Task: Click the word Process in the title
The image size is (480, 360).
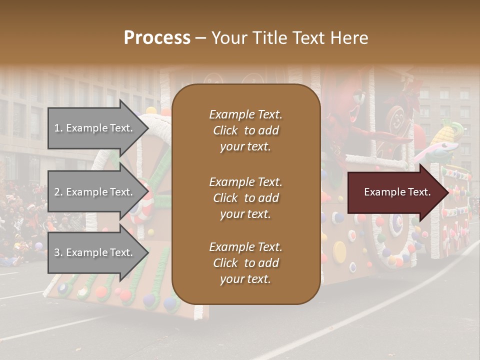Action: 157,38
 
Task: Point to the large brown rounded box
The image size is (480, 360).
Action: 246,194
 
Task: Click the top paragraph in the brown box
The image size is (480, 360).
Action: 246,130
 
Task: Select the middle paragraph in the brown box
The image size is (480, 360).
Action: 246,198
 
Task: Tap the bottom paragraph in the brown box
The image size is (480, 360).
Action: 246,263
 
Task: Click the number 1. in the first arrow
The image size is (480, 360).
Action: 58,128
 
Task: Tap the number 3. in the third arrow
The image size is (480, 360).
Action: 58,252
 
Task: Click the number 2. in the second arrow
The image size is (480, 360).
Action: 58,192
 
